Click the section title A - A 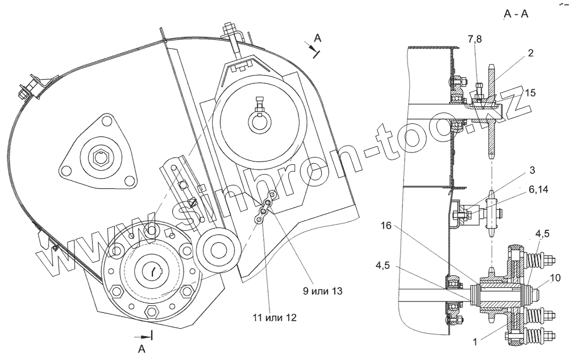coord(516,14)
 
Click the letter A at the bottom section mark coord(142,349)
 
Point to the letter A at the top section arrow coord(318,38)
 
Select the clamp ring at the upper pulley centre coord(260,121)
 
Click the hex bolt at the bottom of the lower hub coord(152,312)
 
